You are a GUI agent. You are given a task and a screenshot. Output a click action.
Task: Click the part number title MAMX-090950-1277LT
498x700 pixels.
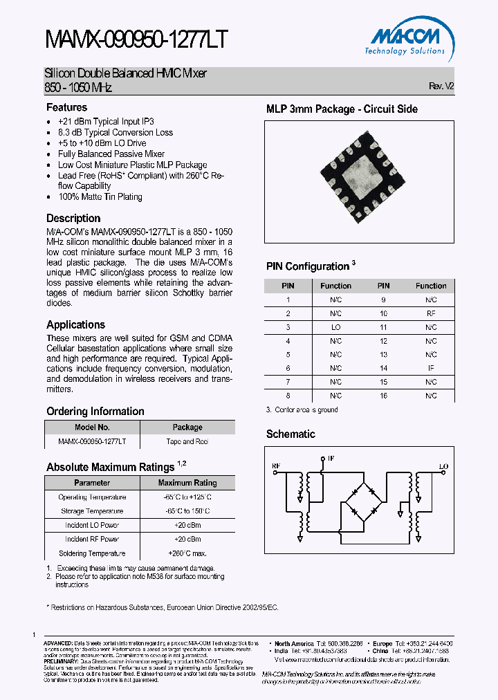point(136,41)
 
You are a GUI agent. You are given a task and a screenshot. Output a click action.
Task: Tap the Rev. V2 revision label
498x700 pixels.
point(441,86)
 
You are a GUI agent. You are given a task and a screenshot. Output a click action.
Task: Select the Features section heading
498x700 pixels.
point(66,107)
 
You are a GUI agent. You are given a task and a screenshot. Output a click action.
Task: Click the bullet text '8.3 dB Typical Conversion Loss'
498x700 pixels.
point(116,132)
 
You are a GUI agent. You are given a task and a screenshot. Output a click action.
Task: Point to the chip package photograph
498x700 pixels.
point(360,181)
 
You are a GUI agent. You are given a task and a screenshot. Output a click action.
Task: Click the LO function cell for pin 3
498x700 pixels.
point(335,326)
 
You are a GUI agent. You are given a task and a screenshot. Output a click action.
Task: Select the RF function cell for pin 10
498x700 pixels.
point(431,313)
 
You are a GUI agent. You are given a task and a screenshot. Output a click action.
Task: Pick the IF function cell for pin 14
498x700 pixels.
point(431,368)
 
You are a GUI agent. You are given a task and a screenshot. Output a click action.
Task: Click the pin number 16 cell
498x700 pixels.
point(383,396)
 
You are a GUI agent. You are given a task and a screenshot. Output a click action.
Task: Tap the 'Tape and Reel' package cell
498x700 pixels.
point(187,441)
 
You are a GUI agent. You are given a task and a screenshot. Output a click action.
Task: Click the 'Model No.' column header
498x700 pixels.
point(92,427)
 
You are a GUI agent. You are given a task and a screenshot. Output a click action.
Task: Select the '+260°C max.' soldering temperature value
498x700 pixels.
point(187,553)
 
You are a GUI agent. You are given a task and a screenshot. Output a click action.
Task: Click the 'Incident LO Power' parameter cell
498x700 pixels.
point(92,525)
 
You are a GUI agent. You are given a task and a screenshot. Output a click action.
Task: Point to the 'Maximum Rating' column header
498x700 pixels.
point(187,483)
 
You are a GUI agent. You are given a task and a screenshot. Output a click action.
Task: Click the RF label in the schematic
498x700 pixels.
point(275,466)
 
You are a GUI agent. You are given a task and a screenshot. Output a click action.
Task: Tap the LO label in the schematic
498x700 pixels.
point(443,466)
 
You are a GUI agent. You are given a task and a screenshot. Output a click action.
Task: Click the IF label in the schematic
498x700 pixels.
point(331,458)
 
